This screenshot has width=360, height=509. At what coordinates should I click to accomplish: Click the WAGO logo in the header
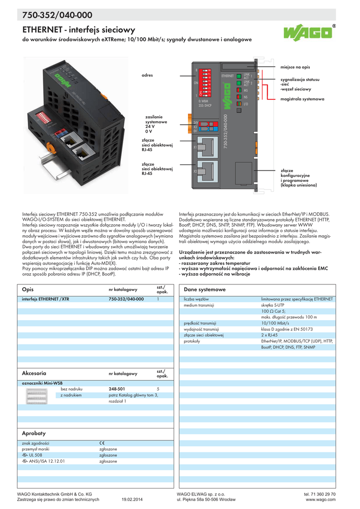click(309, 34)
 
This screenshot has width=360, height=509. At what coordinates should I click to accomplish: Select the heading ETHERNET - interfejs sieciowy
click(76, 30)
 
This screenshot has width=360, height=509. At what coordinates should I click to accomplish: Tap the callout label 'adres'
click(147, 75)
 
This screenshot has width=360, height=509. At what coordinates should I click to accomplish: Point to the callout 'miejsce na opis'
click(295, 67)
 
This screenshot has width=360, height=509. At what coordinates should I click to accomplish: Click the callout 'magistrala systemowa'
click(302, 99)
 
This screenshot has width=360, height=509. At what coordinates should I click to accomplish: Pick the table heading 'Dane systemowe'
click(204, 289)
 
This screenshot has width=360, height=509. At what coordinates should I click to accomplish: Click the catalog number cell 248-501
click(117, 389)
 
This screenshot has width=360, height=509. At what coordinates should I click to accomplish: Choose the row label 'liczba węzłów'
click(196, 299)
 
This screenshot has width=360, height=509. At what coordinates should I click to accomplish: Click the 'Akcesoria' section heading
click(34, 372)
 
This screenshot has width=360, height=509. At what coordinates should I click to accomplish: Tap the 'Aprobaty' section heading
click(34, 433)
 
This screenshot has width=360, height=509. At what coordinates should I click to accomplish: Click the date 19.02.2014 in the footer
click(132, 499)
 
